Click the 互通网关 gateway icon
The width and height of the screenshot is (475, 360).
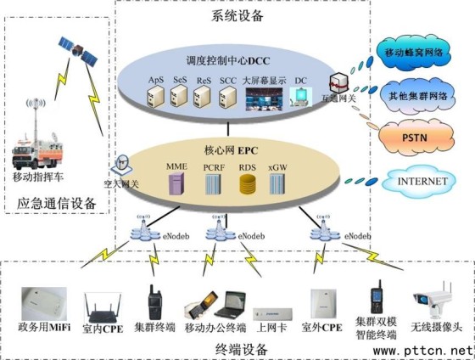[x=339, y=84]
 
